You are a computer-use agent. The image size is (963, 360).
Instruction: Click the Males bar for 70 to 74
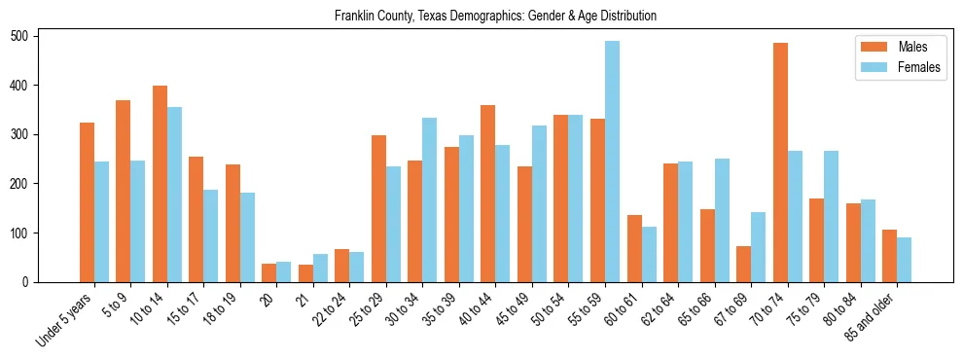(780, 162)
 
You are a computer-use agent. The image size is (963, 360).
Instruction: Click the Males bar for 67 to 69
(743, 264)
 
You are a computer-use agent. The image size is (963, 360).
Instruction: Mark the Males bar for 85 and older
(889, 256)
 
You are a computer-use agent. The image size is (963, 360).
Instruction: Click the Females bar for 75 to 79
(831, 217)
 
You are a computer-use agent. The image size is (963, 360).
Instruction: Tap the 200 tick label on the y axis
(26, 184)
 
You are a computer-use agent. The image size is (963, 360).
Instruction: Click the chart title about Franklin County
(495, 17)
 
